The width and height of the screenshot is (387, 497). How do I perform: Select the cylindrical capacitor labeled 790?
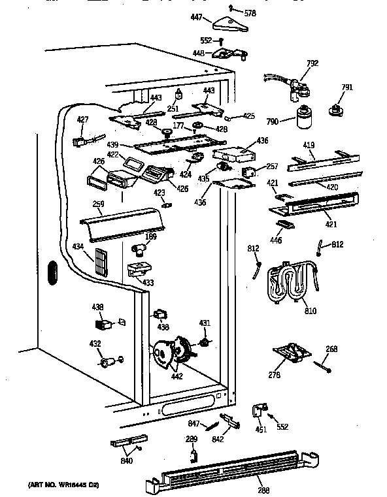(303, 120)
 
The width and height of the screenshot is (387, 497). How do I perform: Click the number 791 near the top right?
(347, 87)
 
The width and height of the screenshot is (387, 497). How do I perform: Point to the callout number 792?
(312, 64)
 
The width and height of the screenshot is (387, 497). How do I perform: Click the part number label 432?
(95, 343)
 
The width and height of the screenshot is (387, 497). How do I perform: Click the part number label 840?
(126, 461)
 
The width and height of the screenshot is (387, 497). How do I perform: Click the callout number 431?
(205, 323)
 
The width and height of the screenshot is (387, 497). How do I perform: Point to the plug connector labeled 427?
(81, 138)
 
